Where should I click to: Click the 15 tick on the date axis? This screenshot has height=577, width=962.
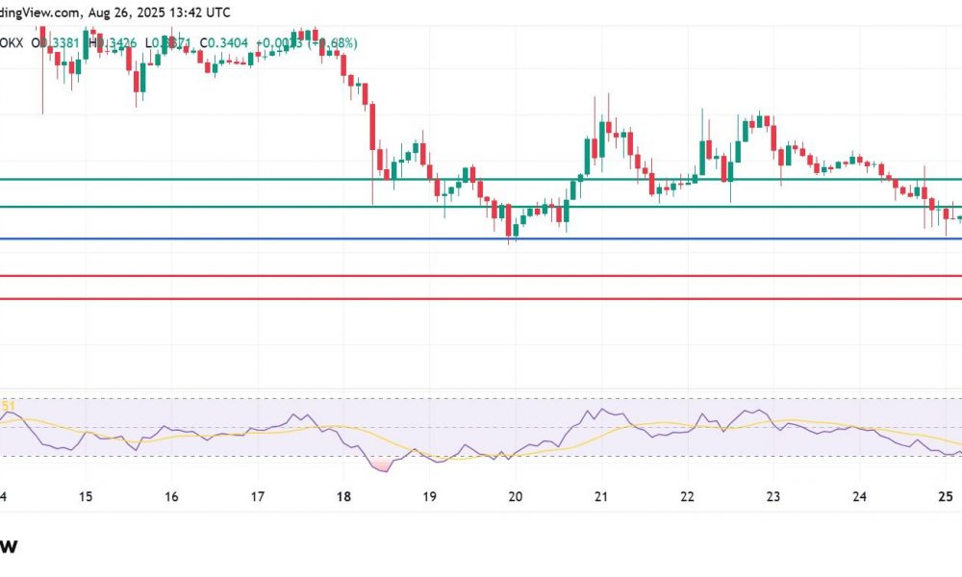85,496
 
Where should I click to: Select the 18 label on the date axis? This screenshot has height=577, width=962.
343,496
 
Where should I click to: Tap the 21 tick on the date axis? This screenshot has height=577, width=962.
601,496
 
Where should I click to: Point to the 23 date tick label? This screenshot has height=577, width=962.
772,496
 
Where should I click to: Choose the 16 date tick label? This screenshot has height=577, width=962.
171,496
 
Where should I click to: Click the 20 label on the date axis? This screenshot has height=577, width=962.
516,496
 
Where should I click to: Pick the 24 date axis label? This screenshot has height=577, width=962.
859,496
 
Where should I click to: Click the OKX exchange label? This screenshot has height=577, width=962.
13,42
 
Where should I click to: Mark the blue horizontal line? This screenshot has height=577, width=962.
481,238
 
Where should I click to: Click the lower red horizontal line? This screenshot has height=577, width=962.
481,298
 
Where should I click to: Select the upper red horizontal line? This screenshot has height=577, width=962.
481,276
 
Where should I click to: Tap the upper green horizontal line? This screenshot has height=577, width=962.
481,179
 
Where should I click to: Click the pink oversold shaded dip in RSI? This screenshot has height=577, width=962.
383,465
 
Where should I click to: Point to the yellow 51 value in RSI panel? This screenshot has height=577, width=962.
6,407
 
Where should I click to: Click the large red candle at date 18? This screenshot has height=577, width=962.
372,125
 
